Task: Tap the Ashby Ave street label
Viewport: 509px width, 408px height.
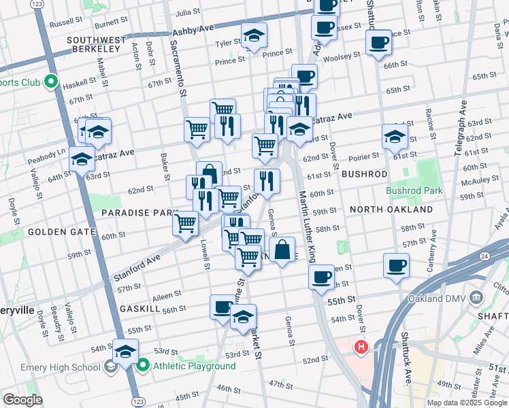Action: pos(193,31)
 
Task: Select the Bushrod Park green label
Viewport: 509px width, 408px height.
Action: pos(415,191)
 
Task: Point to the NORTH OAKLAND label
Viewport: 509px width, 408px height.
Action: pos(391,209)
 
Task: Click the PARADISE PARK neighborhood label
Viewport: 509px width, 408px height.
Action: pos(139,213)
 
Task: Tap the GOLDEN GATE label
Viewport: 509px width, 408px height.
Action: pos(61,232)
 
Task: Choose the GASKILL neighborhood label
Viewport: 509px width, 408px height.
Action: pos(139,308)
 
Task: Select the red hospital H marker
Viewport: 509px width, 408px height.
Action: pos(360,347)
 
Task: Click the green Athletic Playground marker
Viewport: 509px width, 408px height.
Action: pos(143,366)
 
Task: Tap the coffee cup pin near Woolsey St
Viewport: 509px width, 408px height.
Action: pos(378,42)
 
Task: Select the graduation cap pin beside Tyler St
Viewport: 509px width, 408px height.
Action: pos(254,35)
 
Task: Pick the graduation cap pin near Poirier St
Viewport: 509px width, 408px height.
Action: pos(395,136)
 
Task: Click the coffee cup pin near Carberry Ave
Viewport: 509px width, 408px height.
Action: pos(396,265)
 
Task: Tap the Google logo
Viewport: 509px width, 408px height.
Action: pos(22,400)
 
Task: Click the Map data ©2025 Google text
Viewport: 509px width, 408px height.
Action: pos(467,403)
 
